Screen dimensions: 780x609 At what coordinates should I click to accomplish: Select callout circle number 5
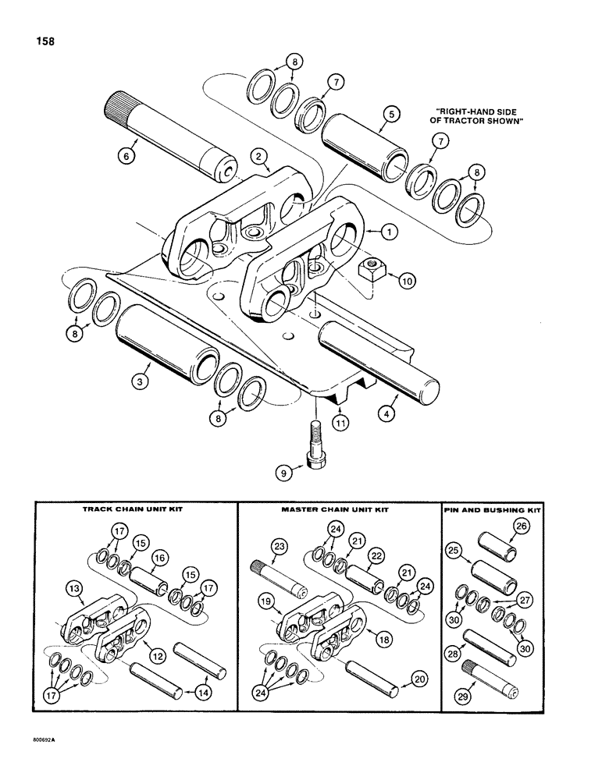point(392,112)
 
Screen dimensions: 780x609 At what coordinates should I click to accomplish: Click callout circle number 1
point(390,231)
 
